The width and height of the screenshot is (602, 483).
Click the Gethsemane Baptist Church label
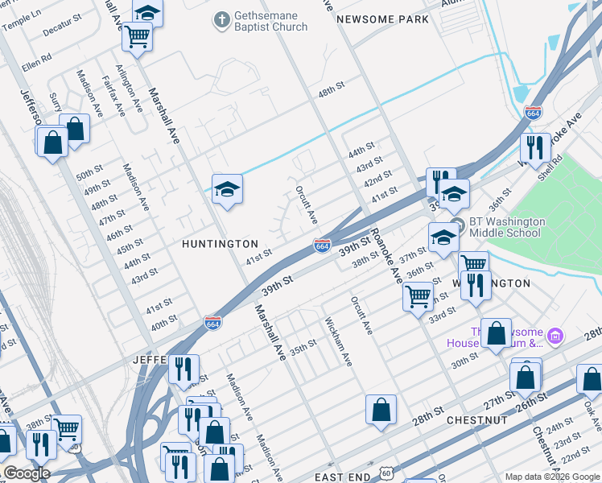(x=270, y=21)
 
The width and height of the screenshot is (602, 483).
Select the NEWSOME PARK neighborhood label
(x=382, y=19)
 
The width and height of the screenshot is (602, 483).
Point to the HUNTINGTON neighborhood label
(x=220, y=243)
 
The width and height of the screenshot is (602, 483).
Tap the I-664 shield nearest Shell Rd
(x=533, y=114)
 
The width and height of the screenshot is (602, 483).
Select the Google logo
(x=27, y=473)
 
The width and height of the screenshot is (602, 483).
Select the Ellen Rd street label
(x=37, y=58)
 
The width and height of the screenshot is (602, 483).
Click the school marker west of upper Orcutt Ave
(x=227, y=190)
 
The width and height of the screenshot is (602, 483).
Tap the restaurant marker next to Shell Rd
(x=534, y=147)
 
